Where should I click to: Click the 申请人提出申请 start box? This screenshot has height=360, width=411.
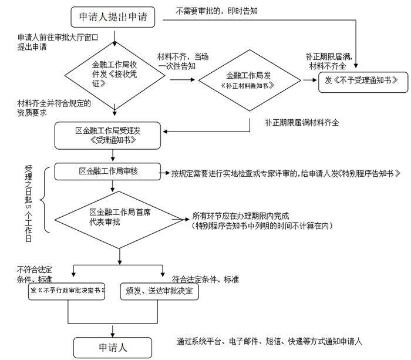(x=113, y=18)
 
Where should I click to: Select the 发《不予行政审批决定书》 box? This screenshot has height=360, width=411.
(x=68, y=292)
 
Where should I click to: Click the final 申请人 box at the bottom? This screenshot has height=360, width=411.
(x=113, y=346)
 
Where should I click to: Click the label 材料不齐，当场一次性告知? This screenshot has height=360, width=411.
(x=181, y=62)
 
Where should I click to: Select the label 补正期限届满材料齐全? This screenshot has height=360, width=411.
(x=302, y=123)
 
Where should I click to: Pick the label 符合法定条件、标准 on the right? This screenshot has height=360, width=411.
(x=205, y=278)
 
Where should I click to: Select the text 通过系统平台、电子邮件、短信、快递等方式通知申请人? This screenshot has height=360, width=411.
(x=269, y=341)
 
